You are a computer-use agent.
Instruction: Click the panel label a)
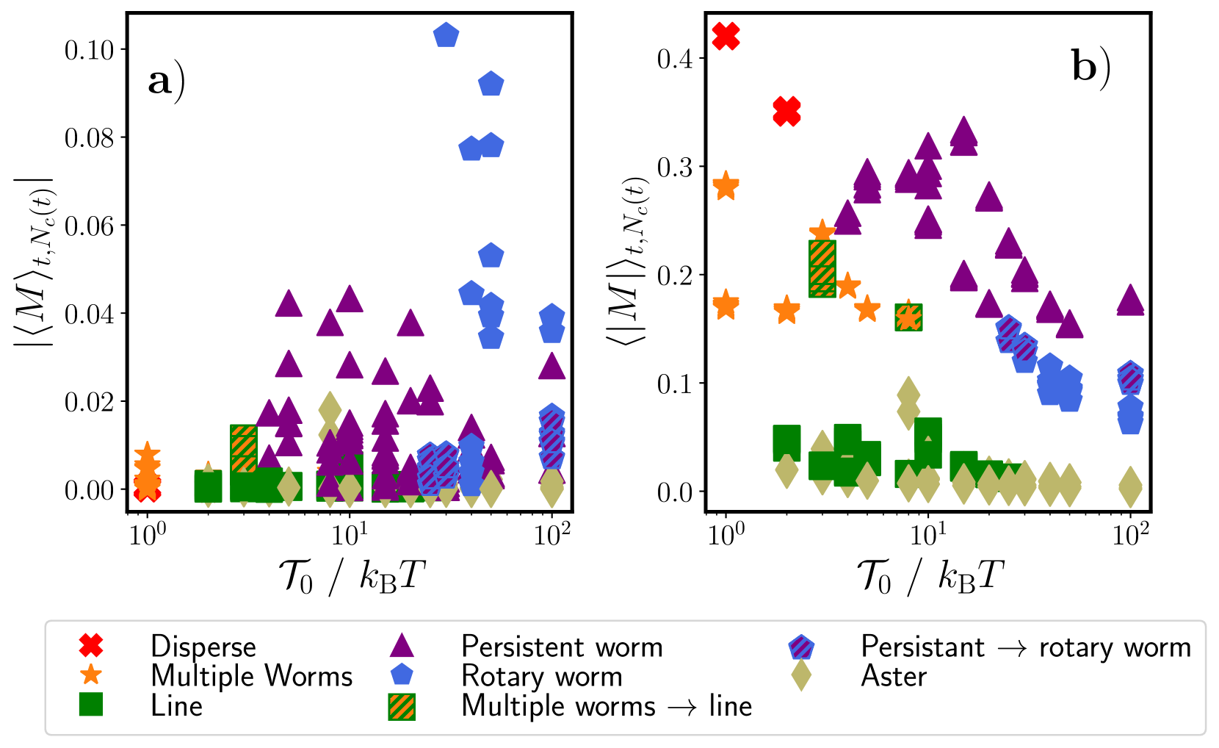pos(166,80)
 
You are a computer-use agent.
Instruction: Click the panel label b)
pos(1090,67)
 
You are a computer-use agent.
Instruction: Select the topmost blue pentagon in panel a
pos(446,35)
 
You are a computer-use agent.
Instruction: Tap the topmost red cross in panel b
pos(726,35)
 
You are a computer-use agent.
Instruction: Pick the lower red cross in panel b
pos(786,112)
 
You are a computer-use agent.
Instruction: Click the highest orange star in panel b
pos(726,186)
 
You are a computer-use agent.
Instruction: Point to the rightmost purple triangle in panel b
pos(1130,300)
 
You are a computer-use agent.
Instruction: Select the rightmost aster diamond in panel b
pos(1130,486)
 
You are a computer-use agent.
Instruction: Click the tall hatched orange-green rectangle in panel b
pos(822,269)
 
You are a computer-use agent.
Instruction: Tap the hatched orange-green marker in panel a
pos(244,448)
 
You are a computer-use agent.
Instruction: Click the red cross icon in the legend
pos(91,646)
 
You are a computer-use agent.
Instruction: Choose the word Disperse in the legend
pos(203,647)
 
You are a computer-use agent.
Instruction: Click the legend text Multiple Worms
pos(251,676)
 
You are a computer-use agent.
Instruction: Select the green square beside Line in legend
pos(91,705)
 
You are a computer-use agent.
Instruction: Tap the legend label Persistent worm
pos(562,647)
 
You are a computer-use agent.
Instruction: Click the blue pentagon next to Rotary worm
pos(402,675)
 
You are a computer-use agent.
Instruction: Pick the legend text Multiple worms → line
pos(607,706)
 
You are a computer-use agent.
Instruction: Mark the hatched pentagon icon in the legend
pos(801,647)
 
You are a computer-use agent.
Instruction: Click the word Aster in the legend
pos(894,676)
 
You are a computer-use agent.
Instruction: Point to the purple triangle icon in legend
pos(402,646)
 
